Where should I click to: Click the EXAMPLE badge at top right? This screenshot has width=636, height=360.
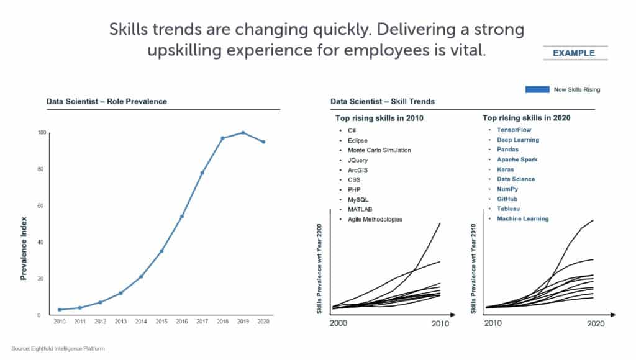[573, 53]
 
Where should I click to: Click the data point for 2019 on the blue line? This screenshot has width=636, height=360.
[243, 132]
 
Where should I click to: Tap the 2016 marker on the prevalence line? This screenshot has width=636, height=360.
[182, 217]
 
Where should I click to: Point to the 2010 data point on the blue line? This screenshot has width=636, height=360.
[60, 309]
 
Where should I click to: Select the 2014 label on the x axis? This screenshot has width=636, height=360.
[141, 322]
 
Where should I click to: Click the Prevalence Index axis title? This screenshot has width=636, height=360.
[24, 248]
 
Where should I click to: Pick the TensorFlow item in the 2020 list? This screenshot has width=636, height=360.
[514, 130]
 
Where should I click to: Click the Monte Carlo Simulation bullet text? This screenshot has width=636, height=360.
[379, 150]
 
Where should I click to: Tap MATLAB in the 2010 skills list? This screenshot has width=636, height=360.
[360, 209]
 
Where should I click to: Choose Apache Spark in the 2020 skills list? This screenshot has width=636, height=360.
[517, 160]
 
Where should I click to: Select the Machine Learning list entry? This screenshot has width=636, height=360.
[522, 218]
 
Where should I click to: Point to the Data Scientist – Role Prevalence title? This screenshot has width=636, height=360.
[106, 101]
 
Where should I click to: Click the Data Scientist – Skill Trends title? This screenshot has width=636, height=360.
[382, 101]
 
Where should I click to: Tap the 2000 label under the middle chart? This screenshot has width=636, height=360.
[339, 323]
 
